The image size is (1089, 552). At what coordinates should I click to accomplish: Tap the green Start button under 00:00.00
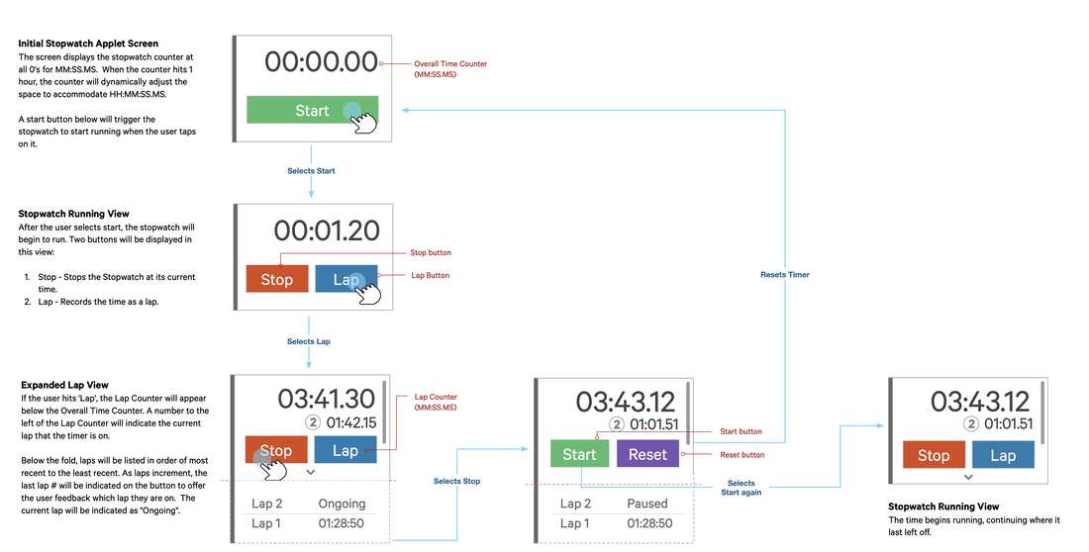(312, 110)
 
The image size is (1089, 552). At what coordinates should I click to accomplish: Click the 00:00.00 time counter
(322, 62)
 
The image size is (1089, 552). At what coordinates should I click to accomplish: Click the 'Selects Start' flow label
(311, 171)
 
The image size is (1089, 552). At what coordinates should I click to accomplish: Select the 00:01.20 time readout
(327, 230)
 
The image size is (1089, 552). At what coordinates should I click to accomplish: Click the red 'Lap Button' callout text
(430, 275)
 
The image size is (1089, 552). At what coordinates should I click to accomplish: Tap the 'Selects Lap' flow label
(309, 341)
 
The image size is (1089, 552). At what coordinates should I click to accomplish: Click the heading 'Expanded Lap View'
(64, 385)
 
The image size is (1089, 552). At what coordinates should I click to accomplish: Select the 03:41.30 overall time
(327, 399)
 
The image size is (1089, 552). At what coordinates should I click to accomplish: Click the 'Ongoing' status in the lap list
(342, 504)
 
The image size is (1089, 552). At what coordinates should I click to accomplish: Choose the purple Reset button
(647, 454)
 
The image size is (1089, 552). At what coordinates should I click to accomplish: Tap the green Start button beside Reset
(579, 454)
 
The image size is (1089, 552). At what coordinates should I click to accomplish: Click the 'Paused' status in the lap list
(647, 504)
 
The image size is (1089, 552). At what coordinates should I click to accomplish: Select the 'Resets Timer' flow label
(785, 274)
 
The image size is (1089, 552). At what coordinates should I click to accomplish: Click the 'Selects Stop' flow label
(456, 482)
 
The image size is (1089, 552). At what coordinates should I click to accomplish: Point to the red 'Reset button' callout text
(741, 455)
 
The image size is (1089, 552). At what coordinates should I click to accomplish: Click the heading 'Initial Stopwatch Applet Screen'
(88, 45)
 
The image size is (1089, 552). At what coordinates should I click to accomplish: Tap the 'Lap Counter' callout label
(436, 397)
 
